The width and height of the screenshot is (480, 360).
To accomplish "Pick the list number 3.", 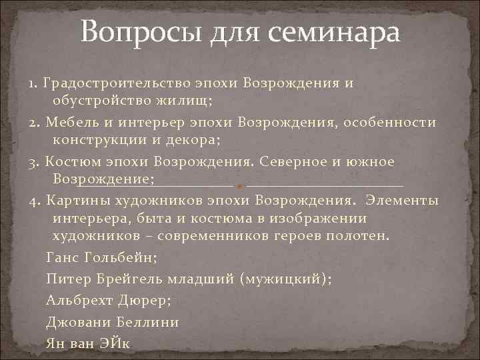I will (33, 162).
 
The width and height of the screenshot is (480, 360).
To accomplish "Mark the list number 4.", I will (33, 200).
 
